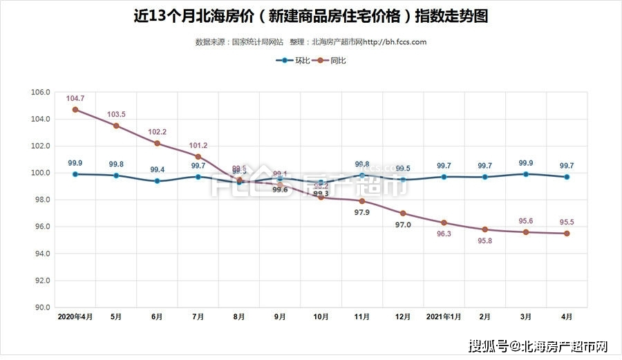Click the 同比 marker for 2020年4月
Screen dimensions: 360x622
point(75,110)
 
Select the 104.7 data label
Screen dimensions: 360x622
point(75,99)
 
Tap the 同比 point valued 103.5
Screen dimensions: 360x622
point(116,126)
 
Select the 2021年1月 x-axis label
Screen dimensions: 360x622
point(444,316)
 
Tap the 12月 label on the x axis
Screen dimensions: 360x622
point(403,316)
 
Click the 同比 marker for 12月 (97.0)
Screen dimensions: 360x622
point(403,214)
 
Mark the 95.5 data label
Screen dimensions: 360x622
point(567,222)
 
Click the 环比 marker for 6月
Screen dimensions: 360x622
point(157,181)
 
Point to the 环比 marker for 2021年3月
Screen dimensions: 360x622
point(526,174)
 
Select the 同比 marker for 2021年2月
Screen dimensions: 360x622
point(485,229)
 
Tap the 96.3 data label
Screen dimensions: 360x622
point(444,234)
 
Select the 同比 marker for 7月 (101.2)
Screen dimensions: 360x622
point(198,157)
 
